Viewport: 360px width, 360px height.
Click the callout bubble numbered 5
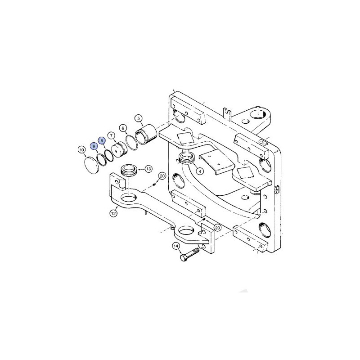139,118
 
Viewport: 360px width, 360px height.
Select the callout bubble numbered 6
123,128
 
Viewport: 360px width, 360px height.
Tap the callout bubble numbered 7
112,136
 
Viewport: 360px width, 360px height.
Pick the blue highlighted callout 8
102,140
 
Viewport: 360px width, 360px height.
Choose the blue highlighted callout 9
94,146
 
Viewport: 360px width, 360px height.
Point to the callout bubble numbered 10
81,150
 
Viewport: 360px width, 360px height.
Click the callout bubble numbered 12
113,213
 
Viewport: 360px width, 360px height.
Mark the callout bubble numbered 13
149,169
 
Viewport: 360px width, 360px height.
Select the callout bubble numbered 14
176,246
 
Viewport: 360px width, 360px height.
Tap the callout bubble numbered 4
200,171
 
